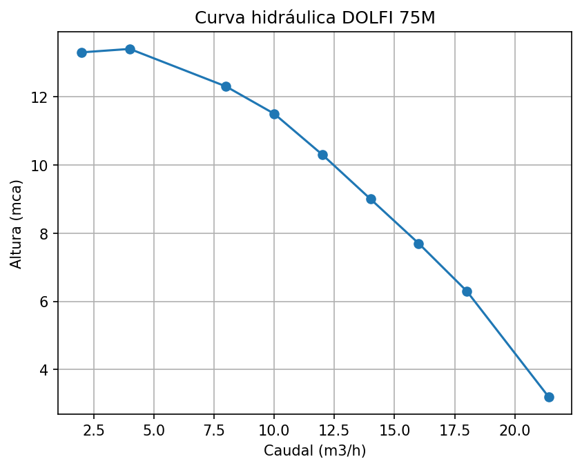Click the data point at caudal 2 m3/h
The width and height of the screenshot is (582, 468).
(81, 52)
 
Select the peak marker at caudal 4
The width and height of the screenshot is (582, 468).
(130, 49)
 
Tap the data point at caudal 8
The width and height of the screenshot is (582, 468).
(226, 86)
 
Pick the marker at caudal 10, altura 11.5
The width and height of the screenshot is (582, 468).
(274, 114)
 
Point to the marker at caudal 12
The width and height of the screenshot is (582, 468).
(322, 155)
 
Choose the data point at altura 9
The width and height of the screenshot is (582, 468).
(371, 199)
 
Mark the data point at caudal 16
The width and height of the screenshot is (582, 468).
(418, 244)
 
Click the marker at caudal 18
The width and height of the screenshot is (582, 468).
(467, 291)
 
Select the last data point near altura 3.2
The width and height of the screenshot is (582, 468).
(549, 397)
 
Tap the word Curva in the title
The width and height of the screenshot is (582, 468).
(215, 18)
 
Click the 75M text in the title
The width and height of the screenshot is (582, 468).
(418, 18)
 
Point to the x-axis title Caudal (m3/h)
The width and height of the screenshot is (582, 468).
(315, 451)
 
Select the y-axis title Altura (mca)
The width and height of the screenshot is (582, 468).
(16, 224)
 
